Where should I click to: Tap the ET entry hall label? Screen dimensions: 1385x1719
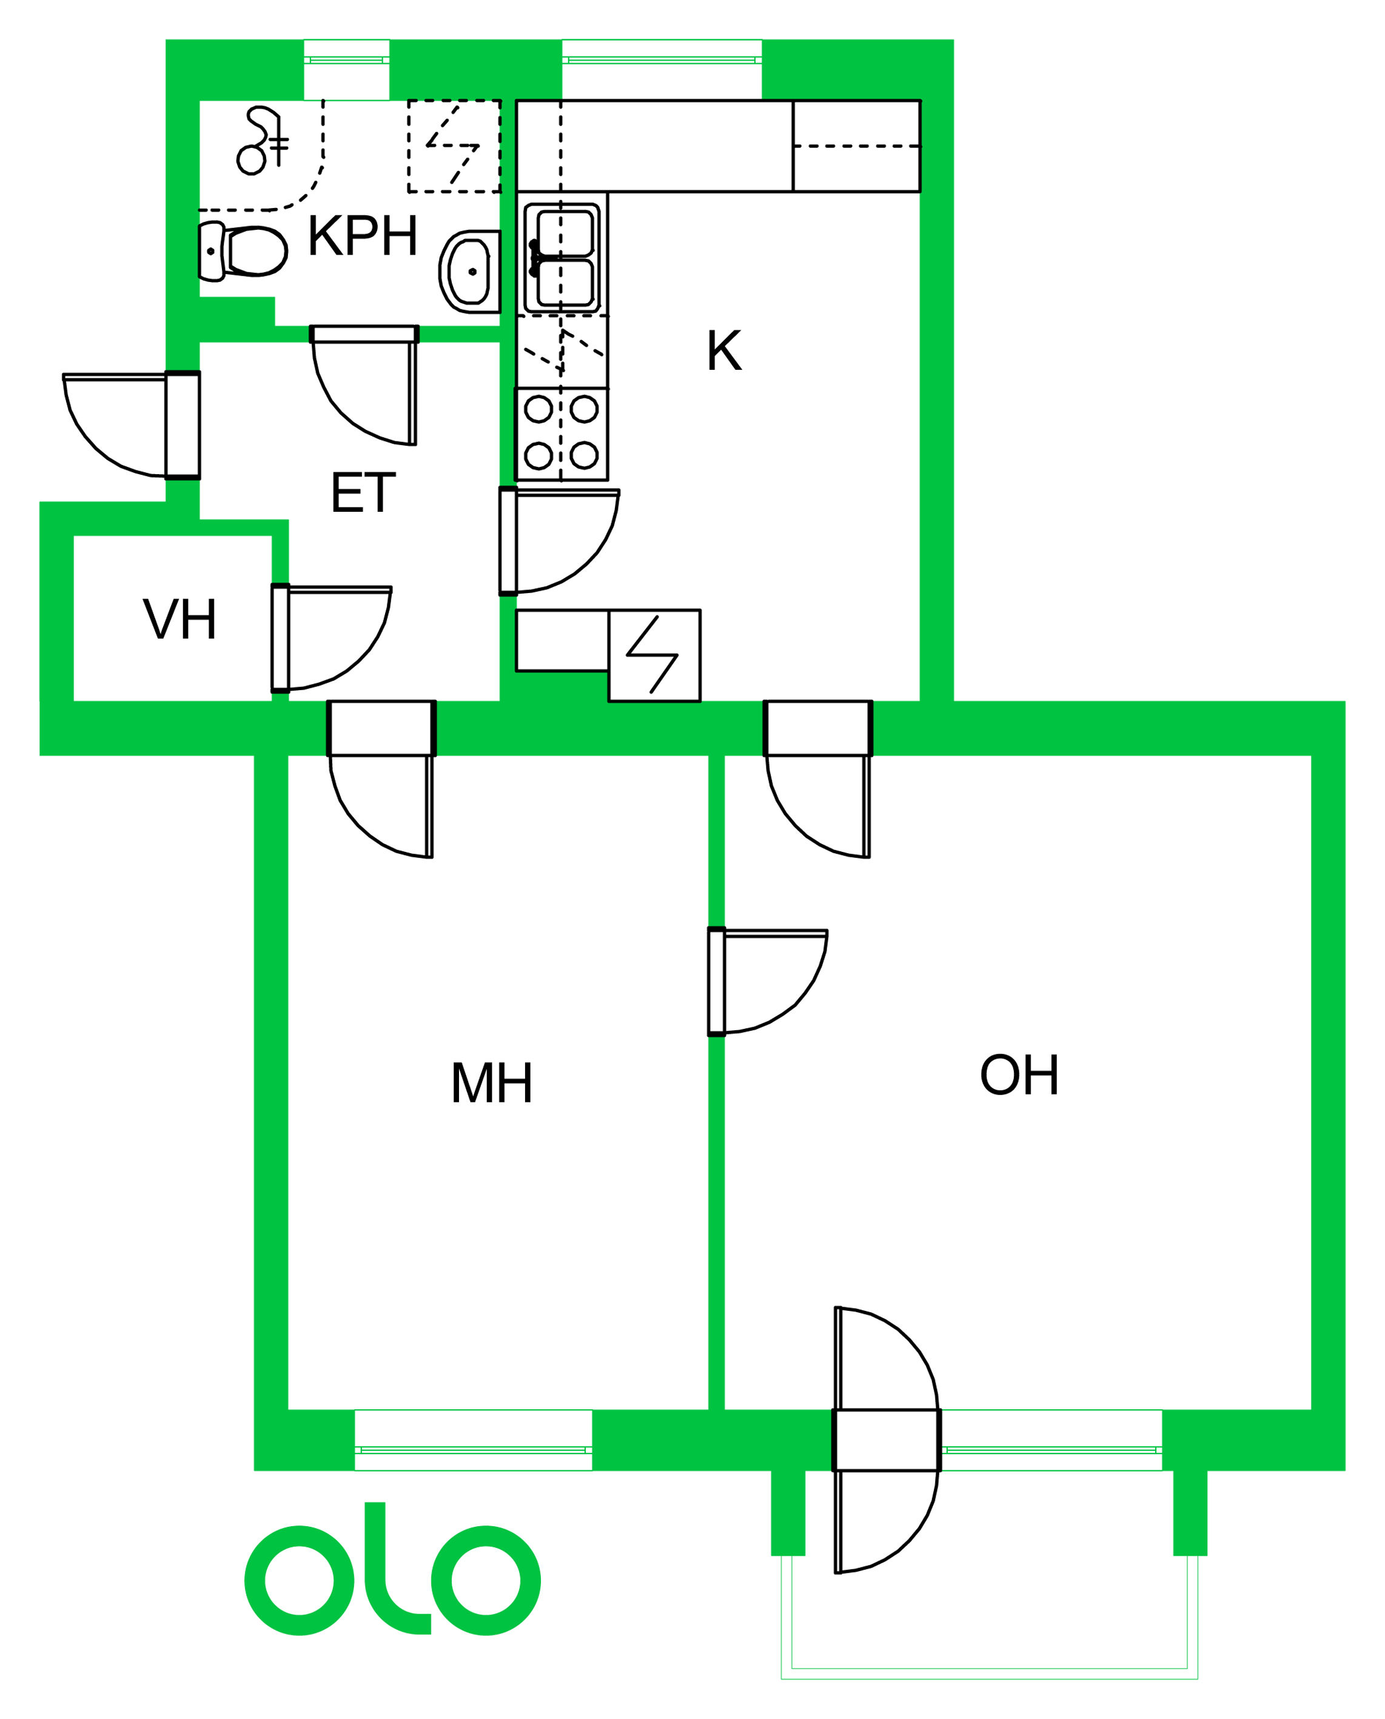[x=363, y=493]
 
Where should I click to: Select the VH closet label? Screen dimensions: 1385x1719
[x=179, y=619]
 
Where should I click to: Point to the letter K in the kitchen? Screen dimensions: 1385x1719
[x=725, y=350]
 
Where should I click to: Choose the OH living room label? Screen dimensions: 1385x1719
[x=1019, y=1074]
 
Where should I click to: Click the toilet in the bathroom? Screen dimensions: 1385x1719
[x=243, y=251]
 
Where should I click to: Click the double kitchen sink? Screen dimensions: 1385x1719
[x=563, y=257]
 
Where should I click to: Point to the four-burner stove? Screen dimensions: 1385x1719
[x=562, y=433]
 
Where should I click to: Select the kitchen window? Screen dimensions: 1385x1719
[x=662, y=61]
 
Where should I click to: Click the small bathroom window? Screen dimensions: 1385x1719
[x=346, y=61]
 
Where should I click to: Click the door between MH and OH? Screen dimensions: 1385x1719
[x=768, y=982]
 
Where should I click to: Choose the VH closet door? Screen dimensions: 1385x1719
[x=331, y=638]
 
